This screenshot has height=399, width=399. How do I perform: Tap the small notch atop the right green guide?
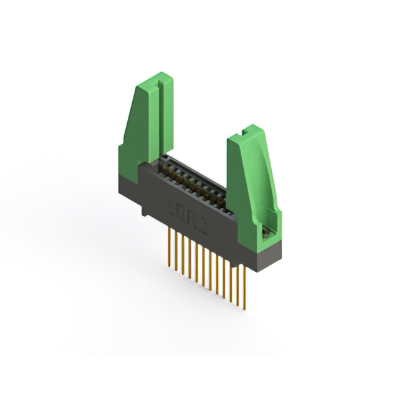(x=244, y=133)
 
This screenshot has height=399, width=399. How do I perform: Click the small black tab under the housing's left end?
(x=144, y=212)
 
